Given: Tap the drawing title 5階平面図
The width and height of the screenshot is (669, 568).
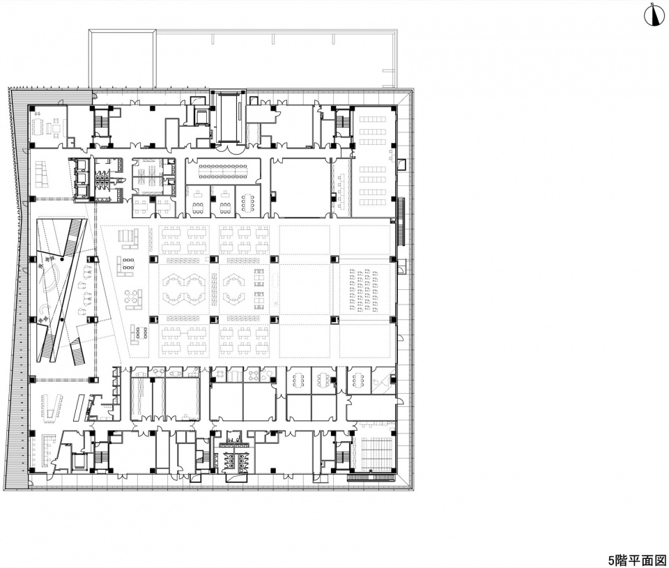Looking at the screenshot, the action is (x=637, y=560).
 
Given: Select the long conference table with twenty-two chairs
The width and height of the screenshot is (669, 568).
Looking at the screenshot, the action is (x=223, y=170).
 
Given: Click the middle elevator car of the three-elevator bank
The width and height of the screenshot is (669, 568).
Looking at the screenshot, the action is (x=82, y=178).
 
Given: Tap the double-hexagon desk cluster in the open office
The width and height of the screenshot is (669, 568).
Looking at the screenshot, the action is (x=184, y=289).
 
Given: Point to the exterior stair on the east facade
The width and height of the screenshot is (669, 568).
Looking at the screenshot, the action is (x=401, y=221).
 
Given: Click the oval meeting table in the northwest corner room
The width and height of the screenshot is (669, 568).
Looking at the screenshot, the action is (x=40, y=127).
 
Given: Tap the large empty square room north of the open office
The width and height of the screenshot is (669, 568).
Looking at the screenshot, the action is (x=300, y=187).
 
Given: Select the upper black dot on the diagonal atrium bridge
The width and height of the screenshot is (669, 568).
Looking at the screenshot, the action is (x=62, y=259).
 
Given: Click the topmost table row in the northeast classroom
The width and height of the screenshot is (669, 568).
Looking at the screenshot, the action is (x=372, y=118).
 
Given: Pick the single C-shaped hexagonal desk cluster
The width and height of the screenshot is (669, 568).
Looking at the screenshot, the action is (x=233, y=289).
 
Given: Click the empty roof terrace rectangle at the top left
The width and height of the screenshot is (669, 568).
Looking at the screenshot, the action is (x=122, y=59).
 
